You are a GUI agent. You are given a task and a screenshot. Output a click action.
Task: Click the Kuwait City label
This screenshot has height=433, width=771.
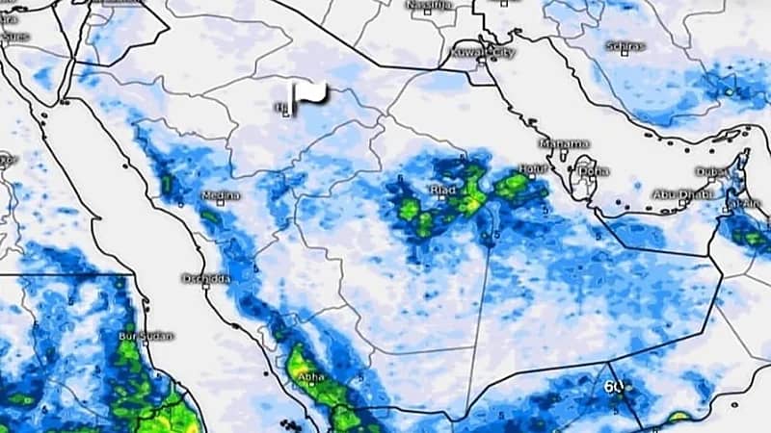pos(484,50)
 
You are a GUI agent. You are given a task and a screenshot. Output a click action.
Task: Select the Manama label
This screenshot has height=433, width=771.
pos(564,143)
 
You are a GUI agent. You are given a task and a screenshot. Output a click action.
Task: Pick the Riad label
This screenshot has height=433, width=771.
pos(440,191)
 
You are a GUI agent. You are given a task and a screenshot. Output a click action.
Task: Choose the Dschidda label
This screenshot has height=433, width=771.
pos(205,279)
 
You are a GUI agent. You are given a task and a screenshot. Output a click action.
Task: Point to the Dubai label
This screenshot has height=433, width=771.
pos(713,172)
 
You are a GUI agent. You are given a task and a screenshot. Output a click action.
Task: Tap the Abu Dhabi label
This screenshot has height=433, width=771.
pos(679,194)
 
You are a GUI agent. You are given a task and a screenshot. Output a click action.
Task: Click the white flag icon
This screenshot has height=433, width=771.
pos(310,94)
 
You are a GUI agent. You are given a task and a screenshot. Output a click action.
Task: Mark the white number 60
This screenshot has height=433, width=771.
pos(614,387)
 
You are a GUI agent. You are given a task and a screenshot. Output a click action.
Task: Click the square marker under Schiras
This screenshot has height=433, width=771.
pos(625,55)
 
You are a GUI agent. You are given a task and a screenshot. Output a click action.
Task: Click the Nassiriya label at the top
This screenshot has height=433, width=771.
pos(429,6)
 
